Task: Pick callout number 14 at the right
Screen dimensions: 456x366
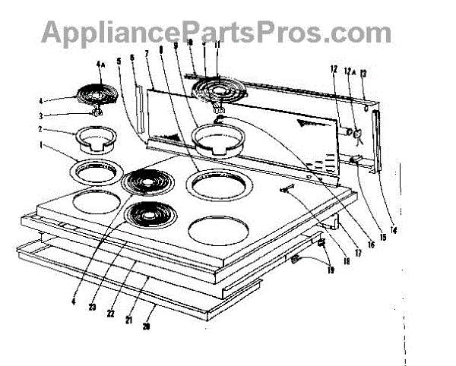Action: point(394,229)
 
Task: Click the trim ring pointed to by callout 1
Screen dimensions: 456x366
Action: point(97,172)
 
